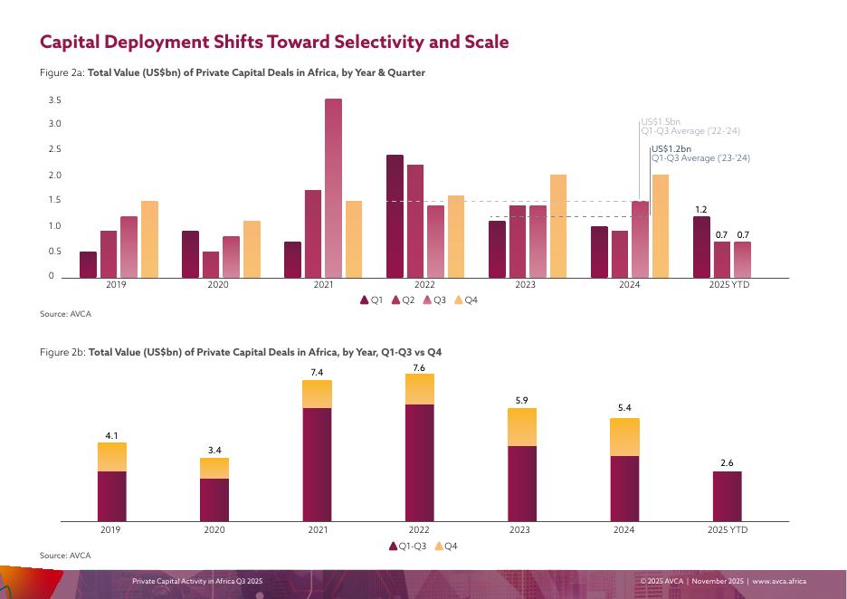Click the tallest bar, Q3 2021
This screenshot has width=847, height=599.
point(333,188)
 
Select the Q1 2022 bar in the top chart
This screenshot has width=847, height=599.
point(395,216)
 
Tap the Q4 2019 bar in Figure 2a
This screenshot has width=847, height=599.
point(149,239)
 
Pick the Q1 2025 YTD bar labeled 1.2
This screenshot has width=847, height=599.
point(701,247)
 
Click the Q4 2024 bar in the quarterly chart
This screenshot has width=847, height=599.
point(661,226)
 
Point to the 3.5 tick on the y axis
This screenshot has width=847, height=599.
point(54,100)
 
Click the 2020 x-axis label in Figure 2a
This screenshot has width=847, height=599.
point(218,285)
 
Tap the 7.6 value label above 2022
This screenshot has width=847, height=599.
point(419,367)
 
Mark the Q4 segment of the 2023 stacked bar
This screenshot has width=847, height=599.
point(522,427)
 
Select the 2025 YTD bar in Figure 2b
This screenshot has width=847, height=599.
point(727,496)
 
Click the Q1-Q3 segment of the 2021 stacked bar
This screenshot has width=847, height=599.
point(317,464)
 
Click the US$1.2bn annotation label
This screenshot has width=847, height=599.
point(671,148)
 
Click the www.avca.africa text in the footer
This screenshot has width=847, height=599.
point(779,581)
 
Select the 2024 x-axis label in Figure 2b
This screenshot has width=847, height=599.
point(623,529)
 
